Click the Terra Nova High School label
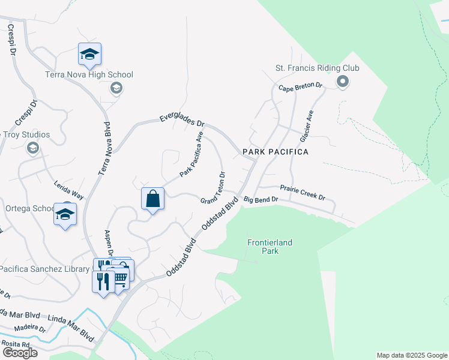89,75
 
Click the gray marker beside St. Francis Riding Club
343,81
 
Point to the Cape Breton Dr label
300,87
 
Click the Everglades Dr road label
182,120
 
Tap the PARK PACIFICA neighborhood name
276,152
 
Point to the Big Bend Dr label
261,199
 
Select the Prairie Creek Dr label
303,193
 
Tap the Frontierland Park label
270,247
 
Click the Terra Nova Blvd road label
103,149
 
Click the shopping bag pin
154,199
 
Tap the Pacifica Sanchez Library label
45,269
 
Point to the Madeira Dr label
30,328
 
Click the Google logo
20,353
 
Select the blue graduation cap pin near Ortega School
65,214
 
